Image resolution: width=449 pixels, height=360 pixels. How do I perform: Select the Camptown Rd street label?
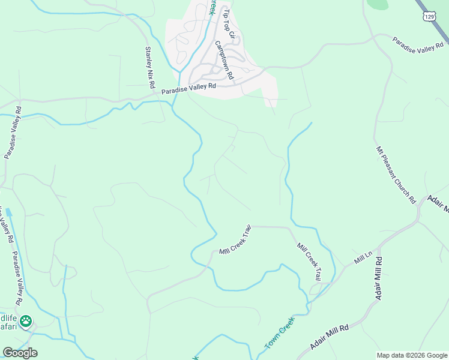(224, 61)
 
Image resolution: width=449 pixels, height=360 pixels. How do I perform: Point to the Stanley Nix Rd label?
(149, 65)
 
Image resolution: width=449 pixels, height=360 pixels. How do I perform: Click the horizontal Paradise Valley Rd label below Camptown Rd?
(188, 89)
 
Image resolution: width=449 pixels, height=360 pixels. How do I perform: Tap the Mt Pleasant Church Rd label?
(396, 175)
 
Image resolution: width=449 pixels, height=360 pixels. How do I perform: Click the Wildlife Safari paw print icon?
(25, 322)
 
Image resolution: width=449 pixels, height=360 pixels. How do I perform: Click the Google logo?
(19, 353)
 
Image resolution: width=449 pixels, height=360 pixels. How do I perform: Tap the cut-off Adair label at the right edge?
(439, 204)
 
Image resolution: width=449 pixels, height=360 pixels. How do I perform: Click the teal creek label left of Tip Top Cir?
(212, 7)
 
